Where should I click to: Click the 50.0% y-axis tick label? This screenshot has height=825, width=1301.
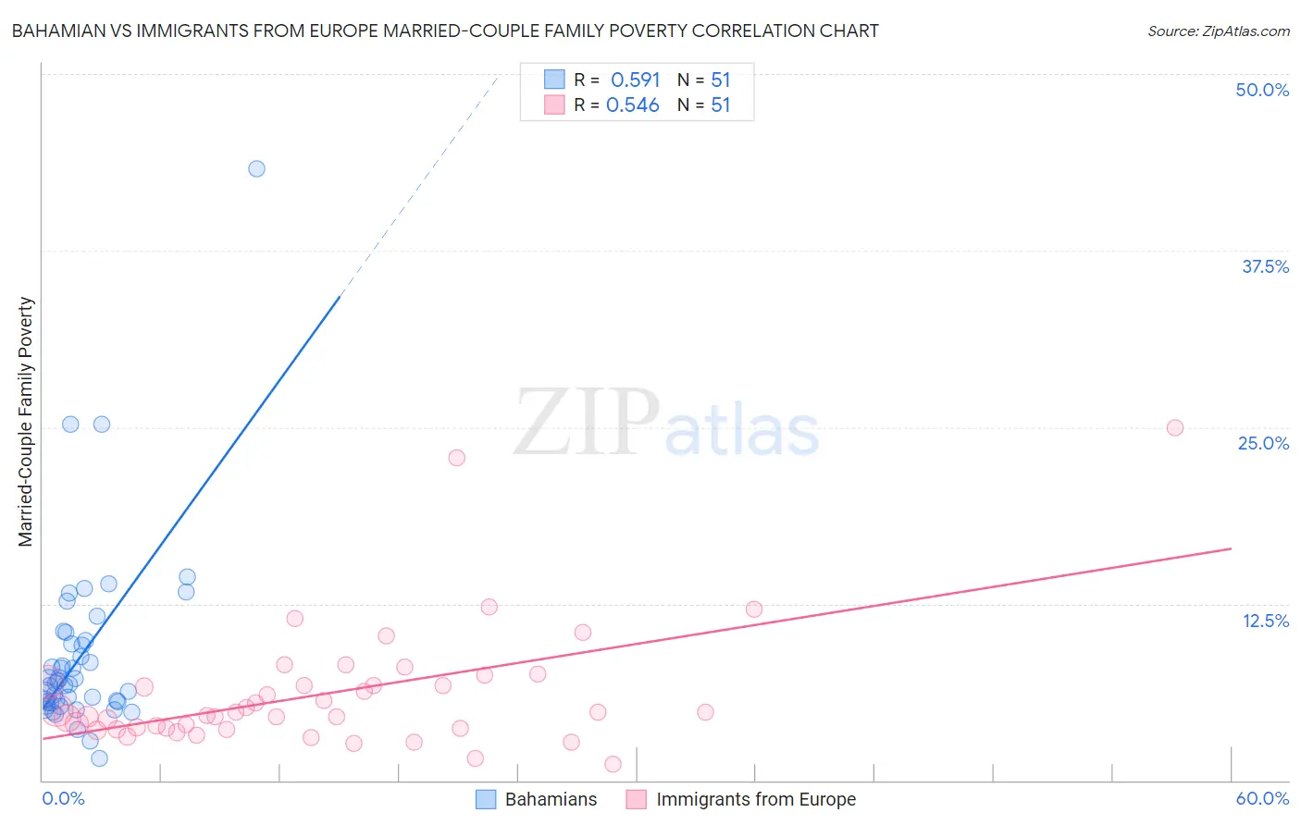1262,90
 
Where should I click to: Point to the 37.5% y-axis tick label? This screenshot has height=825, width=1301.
1265,266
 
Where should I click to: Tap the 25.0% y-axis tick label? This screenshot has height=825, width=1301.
1263,443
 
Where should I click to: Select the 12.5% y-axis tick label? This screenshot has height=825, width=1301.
1265,621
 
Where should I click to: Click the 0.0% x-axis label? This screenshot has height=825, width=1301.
63,798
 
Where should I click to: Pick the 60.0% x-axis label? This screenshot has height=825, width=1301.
1262,798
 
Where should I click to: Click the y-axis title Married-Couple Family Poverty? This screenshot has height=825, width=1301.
26,422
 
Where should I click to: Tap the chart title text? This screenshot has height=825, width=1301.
445,31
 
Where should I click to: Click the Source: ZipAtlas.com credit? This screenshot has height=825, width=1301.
1218,31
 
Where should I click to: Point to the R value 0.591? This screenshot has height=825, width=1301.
635,80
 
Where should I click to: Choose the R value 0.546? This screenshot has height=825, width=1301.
633,105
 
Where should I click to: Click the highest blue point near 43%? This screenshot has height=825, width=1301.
256,168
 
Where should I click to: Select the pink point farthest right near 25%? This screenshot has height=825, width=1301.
1175,427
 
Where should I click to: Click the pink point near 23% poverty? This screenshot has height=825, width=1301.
456,458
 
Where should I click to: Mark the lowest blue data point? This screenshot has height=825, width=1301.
99,758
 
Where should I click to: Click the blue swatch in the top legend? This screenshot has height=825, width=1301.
554,80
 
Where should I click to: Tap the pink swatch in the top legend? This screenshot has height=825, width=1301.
554,105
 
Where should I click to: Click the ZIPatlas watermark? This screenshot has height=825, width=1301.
666,424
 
